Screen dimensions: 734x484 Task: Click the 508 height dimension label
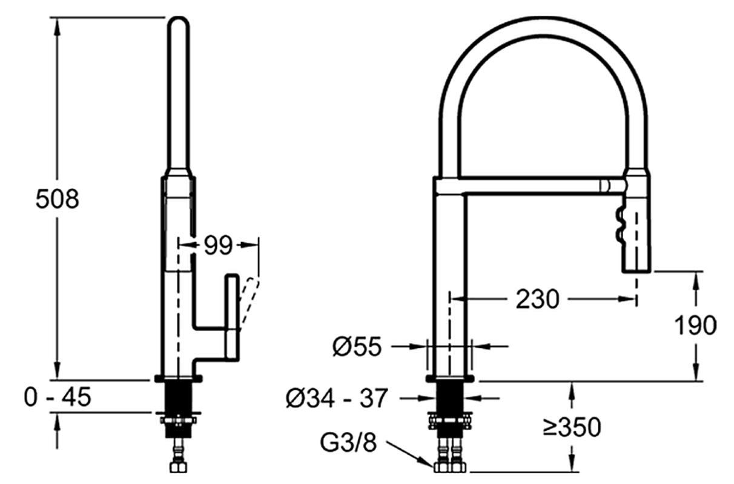[x=58, y=199]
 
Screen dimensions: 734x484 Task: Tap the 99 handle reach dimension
[x=218, y=245]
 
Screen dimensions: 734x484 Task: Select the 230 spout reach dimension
[x=537, y=299]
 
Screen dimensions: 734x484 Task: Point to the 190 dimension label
[x=695, y=325]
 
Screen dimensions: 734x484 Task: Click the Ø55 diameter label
[x=357, y=346]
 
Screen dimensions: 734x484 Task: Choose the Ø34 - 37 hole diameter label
[x=337, y=398]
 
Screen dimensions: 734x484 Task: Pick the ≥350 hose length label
[x=572, y=427]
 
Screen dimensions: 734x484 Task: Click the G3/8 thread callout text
[x=349, y=443]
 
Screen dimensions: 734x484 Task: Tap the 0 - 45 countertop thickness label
[x=58, y=397]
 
